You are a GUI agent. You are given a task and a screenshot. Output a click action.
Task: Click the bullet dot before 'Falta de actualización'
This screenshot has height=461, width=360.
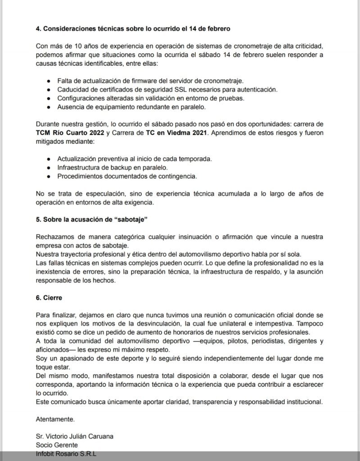coord(48,81)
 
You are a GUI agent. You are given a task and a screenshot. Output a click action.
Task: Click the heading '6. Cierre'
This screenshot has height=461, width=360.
coord(51,298)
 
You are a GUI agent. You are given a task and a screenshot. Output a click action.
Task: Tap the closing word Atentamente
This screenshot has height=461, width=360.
coord(55,419)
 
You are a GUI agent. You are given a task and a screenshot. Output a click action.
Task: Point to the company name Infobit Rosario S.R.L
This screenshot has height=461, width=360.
coord(66,454)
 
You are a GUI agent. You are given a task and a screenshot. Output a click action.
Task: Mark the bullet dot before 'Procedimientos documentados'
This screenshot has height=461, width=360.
coord(48,176)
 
